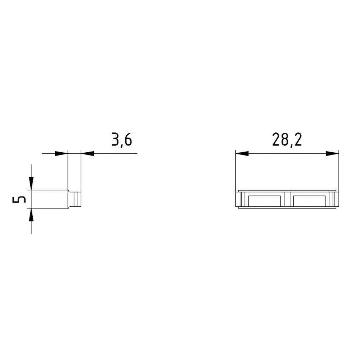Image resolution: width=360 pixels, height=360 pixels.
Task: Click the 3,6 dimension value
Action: [122, 140]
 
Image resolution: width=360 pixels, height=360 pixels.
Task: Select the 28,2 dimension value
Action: [287, 140]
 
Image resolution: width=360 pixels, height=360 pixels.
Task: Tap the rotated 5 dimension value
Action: [19, 199]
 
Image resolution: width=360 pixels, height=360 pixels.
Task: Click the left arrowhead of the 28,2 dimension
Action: [242, 153]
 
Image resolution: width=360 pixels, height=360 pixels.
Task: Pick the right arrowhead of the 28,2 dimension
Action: [332, 153]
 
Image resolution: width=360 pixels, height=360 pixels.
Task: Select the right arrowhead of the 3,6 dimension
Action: [87, 153]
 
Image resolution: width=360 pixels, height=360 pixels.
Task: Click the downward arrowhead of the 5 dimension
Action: [31, 183]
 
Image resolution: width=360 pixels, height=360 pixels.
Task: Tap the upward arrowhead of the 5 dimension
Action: [31, 215]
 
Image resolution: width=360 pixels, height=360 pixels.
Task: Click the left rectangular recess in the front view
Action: [264, 201]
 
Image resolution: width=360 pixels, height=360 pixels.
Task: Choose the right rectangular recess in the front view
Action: [310, 201]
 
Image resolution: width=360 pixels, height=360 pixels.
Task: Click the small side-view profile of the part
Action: [75, 199]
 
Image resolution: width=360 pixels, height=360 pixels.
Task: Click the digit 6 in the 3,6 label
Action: [128, 140]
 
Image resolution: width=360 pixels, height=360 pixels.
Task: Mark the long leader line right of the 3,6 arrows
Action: [115, 153]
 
